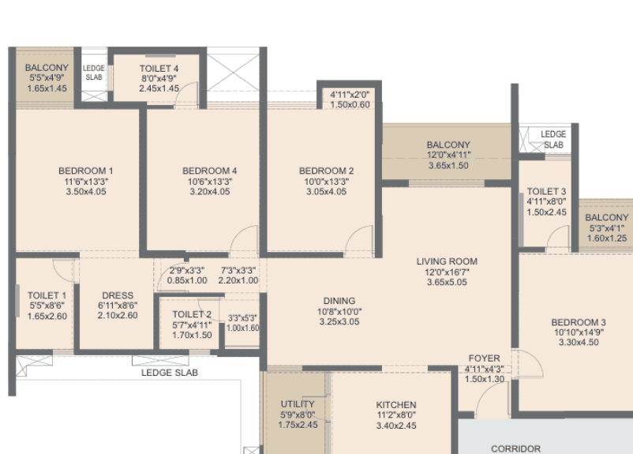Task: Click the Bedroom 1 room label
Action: [86, 171]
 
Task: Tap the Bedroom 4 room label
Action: [209, 171]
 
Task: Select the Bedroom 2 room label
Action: [326, 171]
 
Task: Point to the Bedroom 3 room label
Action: [579, 322]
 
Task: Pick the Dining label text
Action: [339, 301]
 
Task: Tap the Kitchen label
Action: [396, 405]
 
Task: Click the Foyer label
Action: [484, 358]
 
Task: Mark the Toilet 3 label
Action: [547, 191]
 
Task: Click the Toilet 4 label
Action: [159, 69]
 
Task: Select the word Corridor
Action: [515, 448]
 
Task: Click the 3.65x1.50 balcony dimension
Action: [448, 166]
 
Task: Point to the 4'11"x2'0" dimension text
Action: [350, 95]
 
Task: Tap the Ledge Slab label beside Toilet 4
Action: [94, 73]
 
